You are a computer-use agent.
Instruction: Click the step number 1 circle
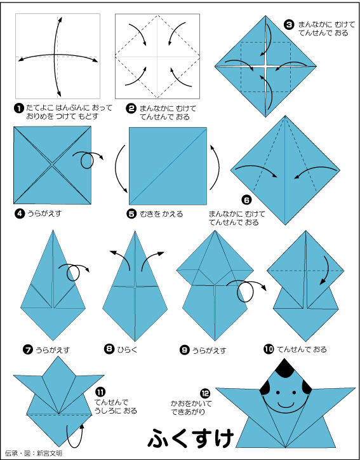click(x=18, y=109)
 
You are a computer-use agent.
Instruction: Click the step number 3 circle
click(x=289, y=25)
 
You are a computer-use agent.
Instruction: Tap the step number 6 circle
click(x=246, y=200)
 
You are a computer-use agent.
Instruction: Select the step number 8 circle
click(x=109, y=349)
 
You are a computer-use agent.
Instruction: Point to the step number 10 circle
click(x=269, y=349)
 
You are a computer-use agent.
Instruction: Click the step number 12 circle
click(x=205, y=393)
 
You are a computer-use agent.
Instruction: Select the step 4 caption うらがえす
click(x=44, y=213)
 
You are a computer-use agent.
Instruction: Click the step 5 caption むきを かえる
click(x=161, y=214)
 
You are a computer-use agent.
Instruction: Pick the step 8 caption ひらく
click(x=127, y=349)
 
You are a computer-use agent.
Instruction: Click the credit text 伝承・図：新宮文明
click(x=34, y=453)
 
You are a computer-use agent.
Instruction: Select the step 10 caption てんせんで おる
click(x=302, y=349)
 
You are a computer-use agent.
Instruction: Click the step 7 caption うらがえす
click(x=53, y=349)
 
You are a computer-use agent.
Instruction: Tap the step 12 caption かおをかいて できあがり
click(x=191, y=407)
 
